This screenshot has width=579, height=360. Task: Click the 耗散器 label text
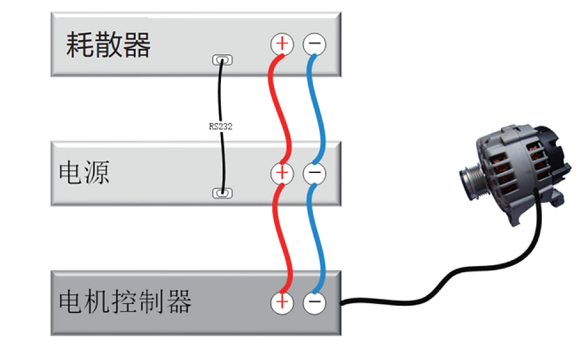tap(108, 45)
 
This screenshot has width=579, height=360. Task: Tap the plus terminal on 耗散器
tap(282, 43)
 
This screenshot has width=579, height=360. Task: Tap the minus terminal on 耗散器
tap(314, 43)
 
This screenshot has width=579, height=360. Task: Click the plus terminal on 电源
tap(282, 173)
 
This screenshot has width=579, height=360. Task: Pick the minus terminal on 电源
tap(314, 173)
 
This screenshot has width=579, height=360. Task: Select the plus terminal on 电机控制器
tap(282, 303)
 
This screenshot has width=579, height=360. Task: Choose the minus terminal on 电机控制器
tap(314, 303)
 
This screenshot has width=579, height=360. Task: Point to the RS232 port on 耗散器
tap(222, 61)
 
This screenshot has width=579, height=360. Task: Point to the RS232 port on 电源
tap(222, 192)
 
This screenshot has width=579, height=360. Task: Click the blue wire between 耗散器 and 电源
tap(318, 106)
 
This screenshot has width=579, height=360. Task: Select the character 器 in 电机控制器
tap(178, 302)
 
